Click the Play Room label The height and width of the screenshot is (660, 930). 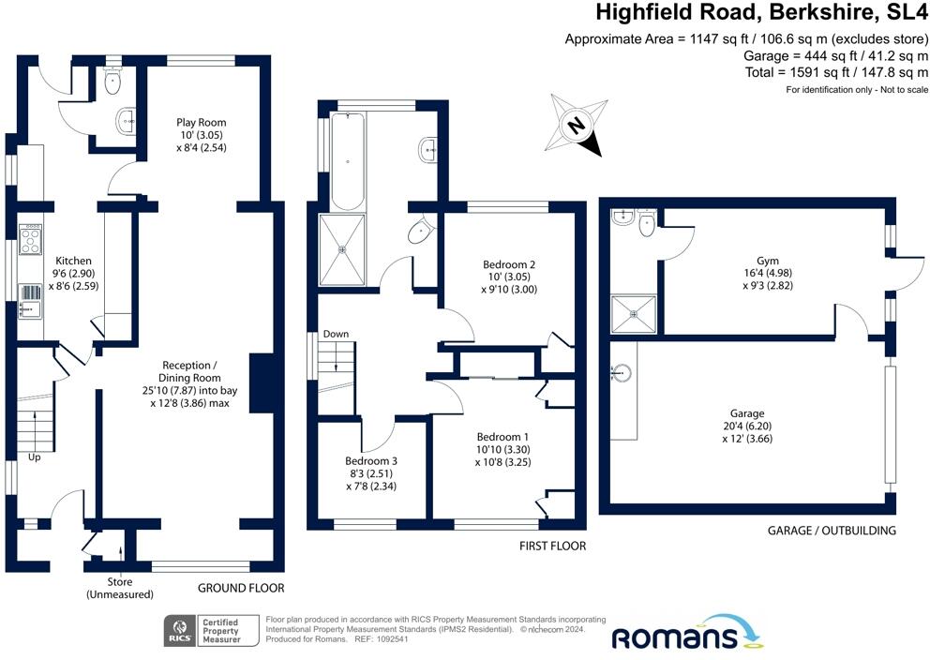point(201,123)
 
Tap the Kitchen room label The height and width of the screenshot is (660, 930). point(73,261)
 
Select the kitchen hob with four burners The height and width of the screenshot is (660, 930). point(31,240)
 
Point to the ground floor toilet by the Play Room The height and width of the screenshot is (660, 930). point(112,82)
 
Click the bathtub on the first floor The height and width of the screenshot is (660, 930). point(348,161)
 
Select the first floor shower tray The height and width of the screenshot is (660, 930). point(342,250)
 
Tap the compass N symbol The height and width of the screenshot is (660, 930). point(576,126)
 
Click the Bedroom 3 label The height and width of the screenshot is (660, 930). point(371,461)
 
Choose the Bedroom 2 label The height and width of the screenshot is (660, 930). point(509,265)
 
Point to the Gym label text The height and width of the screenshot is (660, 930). point(768,261)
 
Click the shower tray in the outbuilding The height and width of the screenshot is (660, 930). point(634,314)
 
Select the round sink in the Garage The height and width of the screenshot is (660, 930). point(621,373)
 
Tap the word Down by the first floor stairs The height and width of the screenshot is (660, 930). point(336,335)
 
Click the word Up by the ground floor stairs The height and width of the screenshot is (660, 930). point(35,457)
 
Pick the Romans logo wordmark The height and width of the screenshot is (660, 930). point(674,638)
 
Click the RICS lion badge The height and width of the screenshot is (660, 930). point(180,631)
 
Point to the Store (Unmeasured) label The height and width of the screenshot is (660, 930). point(120,588)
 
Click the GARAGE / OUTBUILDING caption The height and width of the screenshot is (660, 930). point(832,531)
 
